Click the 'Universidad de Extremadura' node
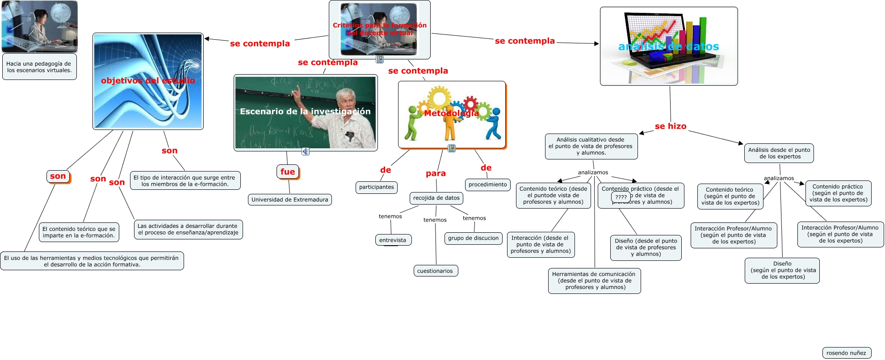289,200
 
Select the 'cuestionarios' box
435,271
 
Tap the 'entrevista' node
393,240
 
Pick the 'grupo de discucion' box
473,239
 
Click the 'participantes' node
377,187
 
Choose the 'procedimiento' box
487,184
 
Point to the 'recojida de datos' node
436,198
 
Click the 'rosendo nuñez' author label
846,353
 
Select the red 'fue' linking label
288,172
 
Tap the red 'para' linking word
436,174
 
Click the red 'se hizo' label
671,126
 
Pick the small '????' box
621,197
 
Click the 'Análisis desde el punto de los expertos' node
779,153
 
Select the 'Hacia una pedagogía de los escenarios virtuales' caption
39,67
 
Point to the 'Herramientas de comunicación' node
594,280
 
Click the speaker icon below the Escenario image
306,151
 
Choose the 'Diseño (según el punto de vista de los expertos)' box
782,270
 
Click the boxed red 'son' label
58,176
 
